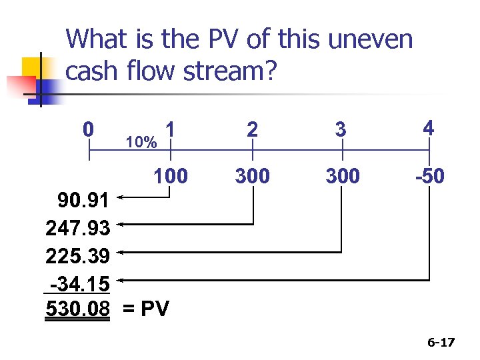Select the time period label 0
click(x=88, y=129)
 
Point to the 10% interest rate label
click(x=141, y=143)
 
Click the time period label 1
click(x=171, y=129)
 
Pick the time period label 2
click(x=252, y=129)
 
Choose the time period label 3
click(x=341, y=129)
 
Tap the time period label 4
click(x=429, y=127)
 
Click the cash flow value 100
click(x=171, y=176)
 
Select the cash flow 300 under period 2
click(x=252, y=176)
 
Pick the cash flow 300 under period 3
click(x=341, y=176)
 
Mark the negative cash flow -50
click(x=429, y=176)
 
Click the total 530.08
click(x=77, y=309)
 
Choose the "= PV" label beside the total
click(x=147, y=309)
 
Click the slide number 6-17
click(x=441, y=343)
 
